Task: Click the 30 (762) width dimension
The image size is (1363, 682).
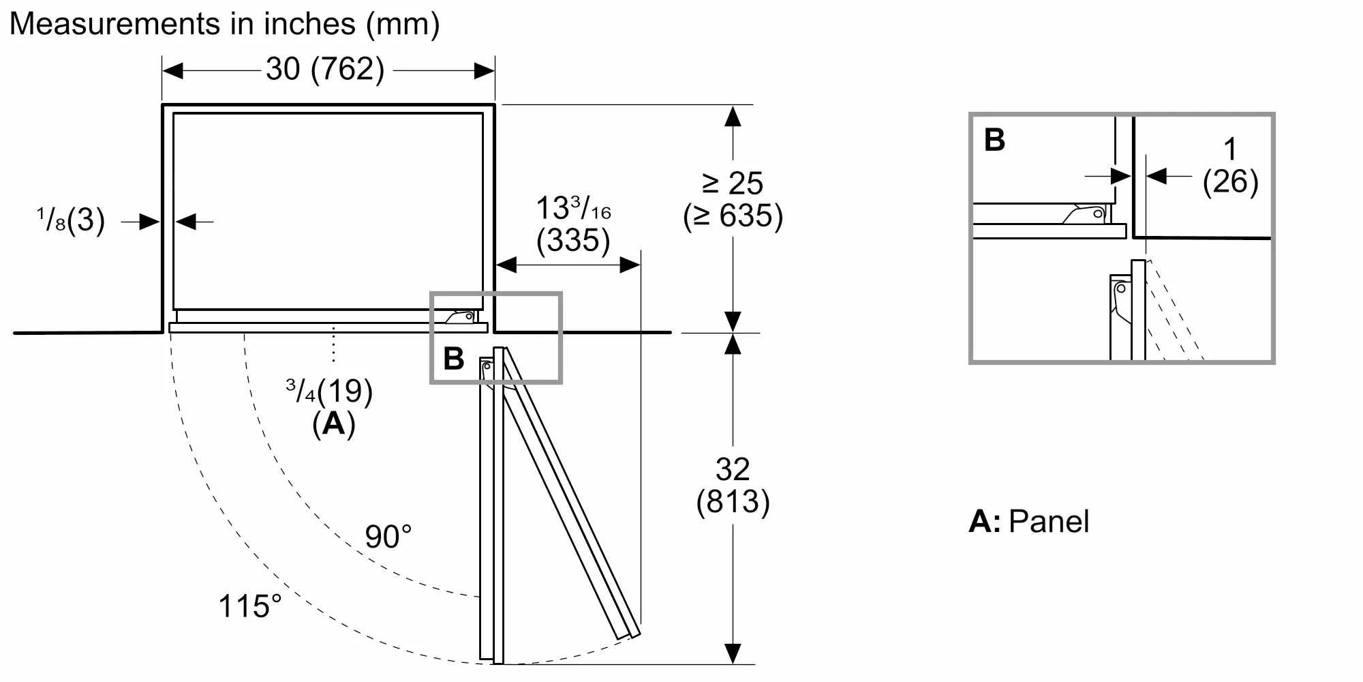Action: pyautogui.click(x=325, y=70)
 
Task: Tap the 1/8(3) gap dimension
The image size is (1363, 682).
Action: pyautogui.click(x=71, y=220)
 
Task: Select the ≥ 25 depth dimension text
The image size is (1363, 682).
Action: pyautogui.click(x=733, y=183)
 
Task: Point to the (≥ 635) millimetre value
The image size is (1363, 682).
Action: pyautogui.click(x=733, y=216)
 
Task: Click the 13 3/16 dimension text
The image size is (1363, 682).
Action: pyautogui.click(x=573, y=207)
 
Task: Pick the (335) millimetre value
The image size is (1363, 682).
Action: pyautogui.click(x=573, y=240)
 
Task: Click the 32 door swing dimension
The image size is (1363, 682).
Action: pyautogui.click(x=733, y=469)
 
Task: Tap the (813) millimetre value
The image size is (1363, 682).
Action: pyautogui.click(x=733, y=502)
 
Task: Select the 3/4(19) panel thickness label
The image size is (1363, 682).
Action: pyautogui.click(x=330, y=391)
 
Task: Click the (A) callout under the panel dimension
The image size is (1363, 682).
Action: pyautogui.click(x=334, y=424)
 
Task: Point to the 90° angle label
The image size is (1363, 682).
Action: pyautogui.click(x=388, y=537)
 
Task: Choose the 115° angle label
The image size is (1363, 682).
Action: pyautogui.click(x=249, y=606)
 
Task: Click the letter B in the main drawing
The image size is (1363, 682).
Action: pyautogui.click(x=454, y=359)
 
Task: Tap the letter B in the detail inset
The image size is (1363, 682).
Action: pyautogui.click(x=995, y=140)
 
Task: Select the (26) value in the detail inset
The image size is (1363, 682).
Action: pyautogui.click(x=1230, y=181)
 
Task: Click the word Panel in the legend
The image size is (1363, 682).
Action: pyautogui.click(x=1049, y=522)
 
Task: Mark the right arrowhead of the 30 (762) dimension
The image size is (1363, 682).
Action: pyautogui.click(x=485, y=70)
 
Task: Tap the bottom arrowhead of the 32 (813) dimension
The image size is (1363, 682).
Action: pyautogui.click(x=733, y=653)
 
